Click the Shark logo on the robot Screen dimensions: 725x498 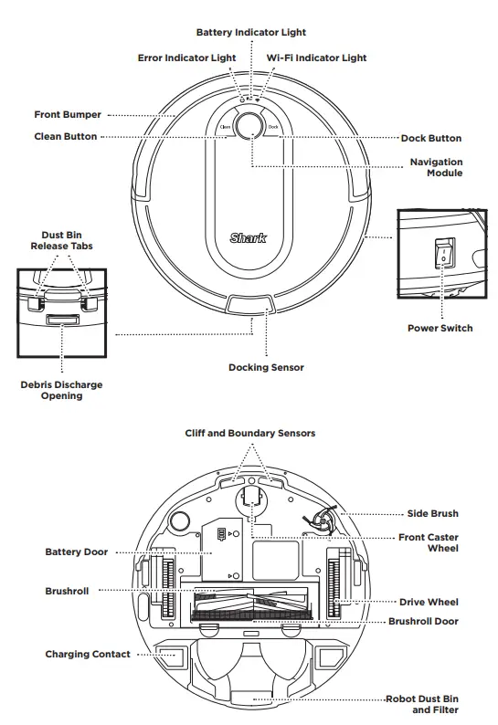249,238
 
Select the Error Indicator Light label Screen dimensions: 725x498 186,58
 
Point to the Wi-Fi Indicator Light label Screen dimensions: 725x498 316,58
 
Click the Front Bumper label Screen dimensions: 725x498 68,115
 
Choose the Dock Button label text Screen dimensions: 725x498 431,139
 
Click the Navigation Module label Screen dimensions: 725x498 436,167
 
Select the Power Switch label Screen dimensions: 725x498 440,329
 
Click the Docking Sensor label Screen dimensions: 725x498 266,367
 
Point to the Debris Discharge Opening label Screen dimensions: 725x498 61,390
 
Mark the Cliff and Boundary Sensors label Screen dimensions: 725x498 249,433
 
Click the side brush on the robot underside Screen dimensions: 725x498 324,522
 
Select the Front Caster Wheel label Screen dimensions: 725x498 429,542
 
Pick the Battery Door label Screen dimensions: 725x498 76,552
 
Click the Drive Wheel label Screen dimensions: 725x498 429,603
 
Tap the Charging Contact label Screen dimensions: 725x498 88,655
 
